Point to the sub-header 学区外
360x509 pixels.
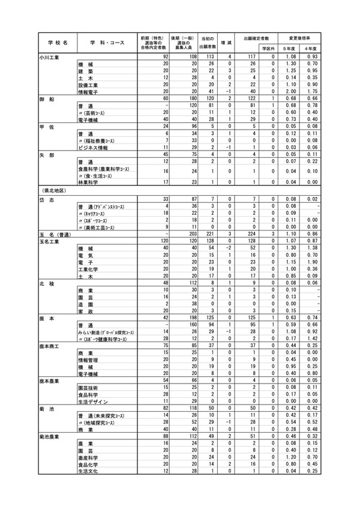point(267,48)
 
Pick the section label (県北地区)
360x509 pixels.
point(53,191)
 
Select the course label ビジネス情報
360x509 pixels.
point(93,148)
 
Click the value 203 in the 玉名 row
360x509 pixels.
point(193,233)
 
